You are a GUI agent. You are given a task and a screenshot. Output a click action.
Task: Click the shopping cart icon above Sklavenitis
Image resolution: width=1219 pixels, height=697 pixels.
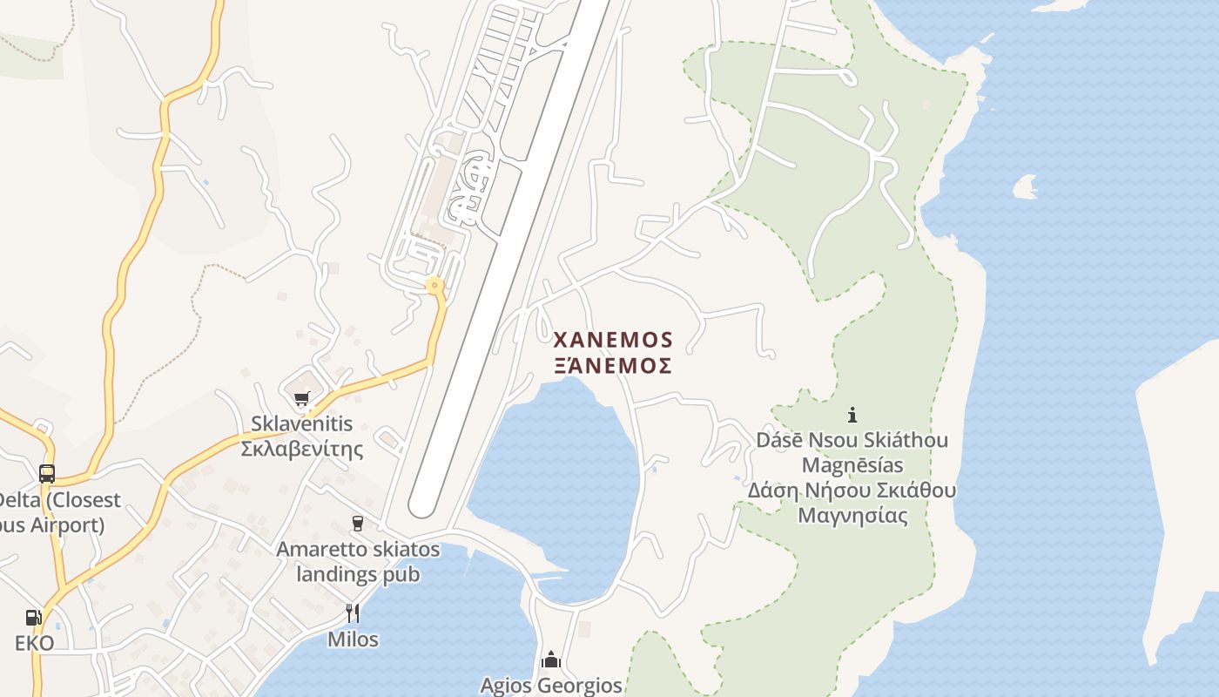(x=301, y=399)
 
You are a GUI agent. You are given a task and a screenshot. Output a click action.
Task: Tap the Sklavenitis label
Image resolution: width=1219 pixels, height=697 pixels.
(x=301, y=424)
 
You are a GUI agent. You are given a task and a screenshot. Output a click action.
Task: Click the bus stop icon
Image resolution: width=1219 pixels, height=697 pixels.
(x=47, y=474)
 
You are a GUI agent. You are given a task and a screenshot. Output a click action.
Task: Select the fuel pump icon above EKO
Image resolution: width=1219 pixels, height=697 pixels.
(x=34, y=618)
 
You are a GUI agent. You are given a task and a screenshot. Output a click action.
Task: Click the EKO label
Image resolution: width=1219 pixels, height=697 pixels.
(x=34, y=644)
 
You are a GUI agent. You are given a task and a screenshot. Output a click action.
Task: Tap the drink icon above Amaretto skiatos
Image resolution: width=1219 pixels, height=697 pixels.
(x=357, y=524)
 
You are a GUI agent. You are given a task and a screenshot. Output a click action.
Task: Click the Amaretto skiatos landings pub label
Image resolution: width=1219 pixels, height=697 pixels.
(x=358, y=563)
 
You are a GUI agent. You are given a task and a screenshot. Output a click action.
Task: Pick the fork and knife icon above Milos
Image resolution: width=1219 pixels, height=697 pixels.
(x=353, y=613)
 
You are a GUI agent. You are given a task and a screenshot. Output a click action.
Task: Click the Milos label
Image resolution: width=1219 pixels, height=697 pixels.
(x=353, y=639)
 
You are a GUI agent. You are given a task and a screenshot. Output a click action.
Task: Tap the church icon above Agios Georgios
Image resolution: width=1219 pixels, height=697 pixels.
(x=550, y=660)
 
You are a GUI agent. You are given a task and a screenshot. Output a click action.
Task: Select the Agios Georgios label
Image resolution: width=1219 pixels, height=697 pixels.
(x=551, y=686)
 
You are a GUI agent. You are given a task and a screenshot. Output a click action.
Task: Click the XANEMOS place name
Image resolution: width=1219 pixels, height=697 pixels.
(x=613, y=339)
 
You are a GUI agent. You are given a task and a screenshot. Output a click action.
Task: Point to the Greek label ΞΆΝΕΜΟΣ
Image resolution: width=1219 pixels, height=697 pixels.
(x=613, y=365)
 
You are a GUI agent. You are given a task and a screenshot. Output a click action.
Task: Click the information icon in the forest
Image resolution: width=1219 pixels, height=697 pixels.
(x=852, y=415)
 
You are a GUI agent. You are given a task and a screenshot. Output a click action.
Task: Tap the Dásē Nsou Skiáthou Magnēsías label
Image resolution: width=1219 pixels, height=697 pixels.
(x=852, y=452)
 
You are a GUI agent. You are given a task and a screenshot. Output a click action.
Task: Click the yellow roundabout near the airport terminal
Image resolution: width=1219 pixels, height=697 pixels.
(x=434, y=285)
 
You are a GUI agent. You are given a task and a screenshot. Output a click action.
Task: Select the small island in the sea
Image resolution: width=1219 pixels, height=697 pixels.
(x=1026, y=186)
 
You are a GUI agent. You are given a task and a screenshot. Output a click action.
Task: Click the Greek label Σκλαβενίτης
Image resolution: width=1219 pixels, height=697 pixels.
(x=301, y=450)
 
